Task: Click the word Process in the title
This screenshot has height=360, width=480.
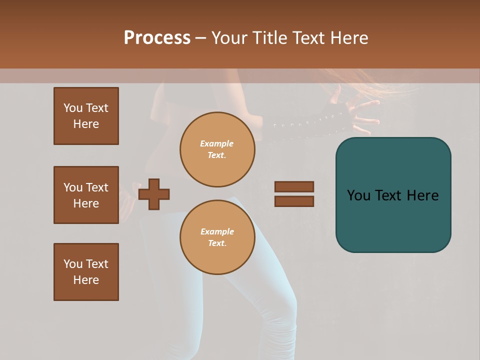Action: tap(157, 38)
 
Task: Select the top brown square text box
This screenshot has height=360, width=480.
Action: tap(86, 116)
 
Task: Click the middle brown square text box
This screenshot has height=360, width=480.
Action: tap(86, 195)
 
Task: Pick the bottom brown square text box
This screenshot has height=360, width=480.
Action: tap(86, 272)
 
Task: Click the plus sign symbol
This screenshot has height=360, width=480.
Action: tap(154, 194)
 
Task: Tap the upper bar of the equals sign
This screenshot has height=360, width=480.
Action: tap(294, 186)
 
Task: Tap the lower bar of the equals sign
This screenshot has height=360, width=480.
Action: tap(294, 201)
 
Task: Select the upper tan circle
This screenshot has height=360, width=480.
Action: tap(217, 149)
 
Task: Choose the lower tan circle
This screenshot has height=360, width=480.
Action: tap(217, 237)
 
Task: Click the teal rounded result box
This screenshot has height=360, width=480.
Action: tap(393, 195)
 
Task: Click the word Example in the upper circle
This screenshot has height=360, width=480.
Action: tap(217, 143)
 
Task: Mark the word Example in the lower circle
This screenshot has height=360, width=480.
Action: tap(217, 231)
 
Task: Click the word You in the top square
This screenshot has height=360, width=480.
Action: tap(73, 108)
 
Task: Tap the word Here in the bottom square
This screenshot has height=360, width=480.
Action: tap(86, 280)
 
